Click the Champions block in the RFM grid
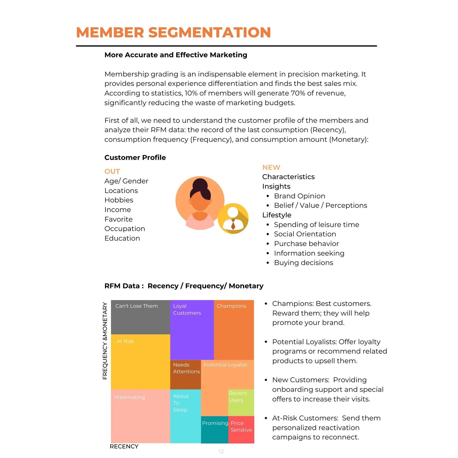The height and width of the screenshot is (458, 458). point(234,330)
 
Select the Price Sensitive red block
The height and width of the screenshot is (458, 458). point(241,430)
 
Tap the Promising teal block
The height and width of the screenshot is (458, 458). point(215,430)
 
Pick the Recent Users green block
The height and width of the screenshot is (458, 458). point(241,402)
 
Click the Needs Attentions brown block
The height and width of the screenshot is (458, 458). point(186,374)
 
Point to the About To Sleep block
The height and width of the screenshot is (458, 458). point(185,416)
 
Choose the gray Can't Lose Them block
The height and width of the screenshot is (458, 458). point(140,317)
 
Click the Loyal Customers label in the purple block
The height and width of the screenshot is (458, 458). point(187,309)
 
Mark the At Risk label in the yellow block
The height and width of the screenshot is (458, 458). point(125,341)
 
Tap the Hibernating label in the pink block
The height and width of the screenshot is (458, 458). point(129,397)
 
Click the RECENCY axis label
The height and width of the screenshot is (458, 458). point(124,446)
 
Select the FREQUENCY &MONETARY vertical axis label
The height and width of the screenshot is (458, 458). point(105,341)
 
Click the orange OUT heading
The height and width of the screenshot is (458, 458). point(112,171)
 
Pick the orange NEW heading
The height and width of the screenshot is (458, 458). point(271,167)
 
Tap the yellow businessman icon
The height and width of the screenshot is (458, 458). point(233,219)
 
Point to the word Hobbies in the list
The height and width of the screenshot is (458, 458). point(119,200)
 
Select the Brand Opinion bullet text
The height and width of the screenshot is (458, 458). point(300,196)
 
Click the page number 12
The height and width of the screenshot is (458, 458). point(221,451)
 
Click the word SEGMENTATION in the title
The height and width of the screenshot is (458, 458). point(210,32)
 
